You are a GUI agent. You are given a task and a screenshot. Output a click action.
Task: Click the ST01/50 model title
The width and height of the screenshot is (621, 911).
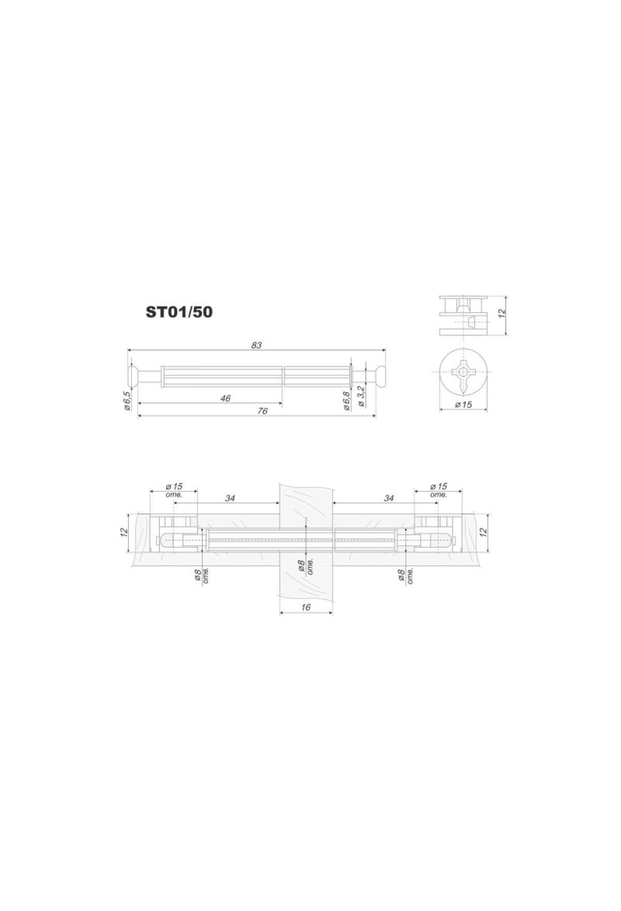point(179,312)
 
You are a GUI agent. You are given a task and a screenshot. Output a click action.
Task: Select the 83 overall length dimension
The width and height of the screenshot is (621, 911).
point(257,345)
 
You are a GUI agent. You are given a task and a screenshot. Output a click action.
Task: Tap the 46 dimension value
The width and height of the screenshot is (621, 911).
point(225,399)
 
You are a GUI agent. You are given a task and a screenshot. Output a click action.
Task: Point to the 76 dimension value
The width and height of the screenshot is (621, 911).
point(262,411)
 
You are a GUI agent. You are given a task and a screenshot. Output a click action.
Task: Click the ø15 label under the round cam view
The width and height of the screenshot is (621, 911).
point(463,404)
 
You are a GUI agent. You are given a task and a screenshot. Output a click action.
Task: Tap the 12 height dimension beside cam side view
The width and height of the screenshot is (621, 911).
point(501,314)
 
